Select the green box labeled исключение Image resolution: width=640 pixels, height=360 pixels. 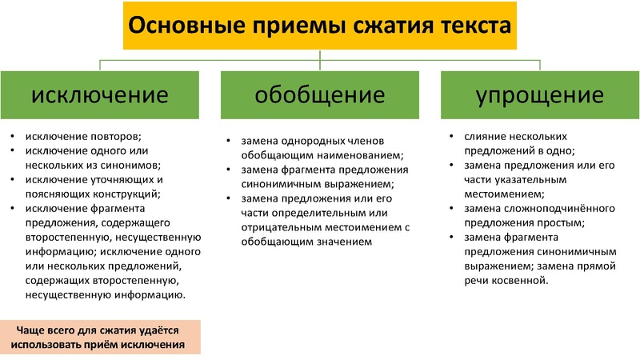pyautogui.click(x=99, y=95)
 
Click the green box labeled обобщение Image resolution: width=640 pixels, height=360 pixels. pyautogui.click(x=320, y=95)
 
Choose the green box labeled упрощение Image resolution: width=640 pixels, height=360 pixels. pyautogui.click(x=540, y=95)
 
